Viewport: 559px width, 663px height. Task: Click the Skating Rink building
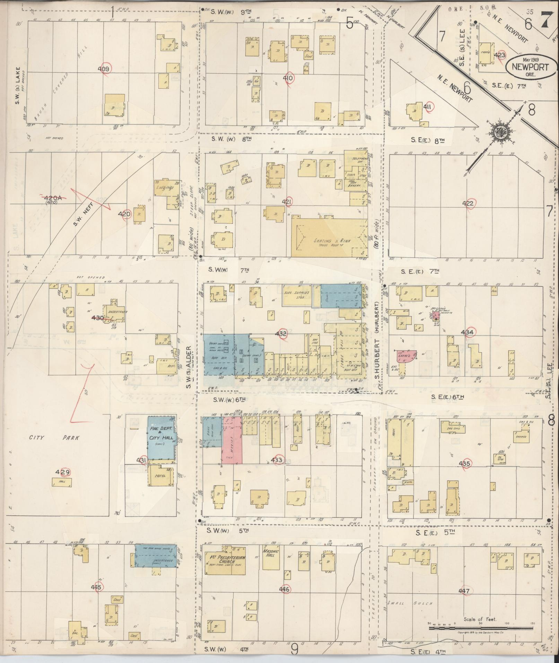pos(329,238)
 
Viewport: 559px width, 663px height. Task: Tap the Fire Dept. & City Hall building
pos(162,438)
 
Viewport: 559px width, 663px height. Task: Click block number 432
pos(281,334)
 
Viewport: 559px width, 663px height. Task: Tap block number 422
pos(468,204)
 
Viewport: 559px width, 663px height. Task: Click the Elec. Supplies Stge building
pos(297,295)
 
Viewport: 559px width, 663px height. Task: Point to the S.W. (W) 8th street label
pos(231,139)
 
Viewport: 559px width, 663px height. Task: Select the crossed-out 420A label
pos(52,198)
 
